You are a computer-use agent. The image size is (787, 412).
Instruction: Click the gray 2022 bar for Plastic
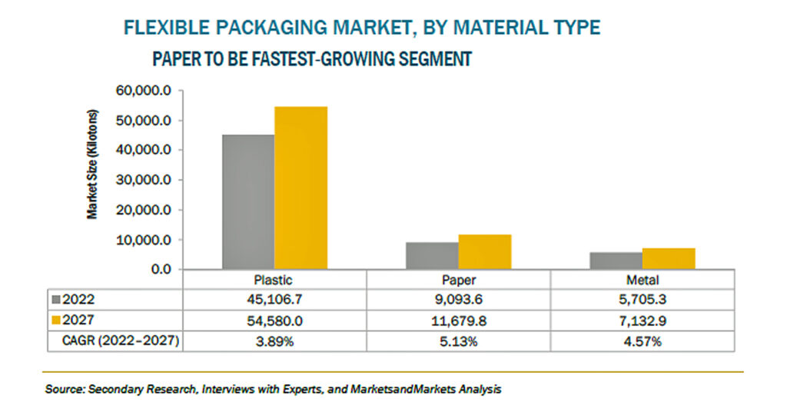pyautogui.click(x=248, y=201)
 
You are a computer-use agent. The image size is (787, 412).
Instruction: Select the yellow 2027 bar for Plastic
pyautogui.click(x=301, y=188)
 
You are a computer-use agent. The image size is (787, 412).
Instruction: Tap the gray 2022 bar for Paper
pyautogui.click(x=432, y=256)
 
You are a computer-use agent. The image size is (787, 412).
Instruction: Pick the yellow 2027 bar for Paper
pyautogui.click(x=485, y=252)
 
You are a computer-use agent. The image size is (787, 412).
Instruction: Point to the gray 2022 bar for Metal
pyautogui.click(x=616, y=261)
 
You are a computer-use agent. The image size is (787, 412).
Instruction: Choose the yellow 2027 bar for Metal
pyautogui.click(x=669, y=259)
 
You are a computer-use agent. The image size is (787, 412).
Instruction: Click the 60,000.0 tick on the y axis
pyautogui.click(x=144, y=91)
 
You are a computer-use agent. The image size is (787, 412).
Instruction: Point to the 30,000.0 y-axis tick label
pyautogui.click(x=144, y=180)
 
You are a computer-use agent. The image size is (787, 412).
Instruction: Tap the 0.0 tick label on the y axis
pyautogui.click(x=161, y=270)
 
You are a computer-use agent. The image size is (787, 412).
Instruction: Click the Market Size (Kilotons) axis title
pyautogui.click(x=92, y=164)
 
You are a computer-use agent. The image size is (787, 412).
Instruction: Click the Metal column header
pyautogui.click(x=643, y=280)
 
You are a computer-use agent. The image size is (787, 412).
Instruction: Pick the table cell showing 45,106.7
pyautogui.click(x=274, y=300)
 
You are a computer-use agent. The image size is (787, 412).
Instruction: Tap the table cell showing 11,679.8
pyautogui.click(x=459, y=321)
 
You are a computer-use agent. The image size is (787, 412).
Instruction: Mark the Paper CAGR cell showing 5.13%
pyautogui.click(x=459, y=342)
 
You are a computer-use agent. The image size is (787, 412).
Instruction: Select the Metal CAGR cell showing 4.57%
pyautogui.click(x=643, y=342)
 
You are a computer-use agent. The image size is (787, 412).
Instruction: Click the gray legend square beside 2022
pyautogui.click(x=56, y=300)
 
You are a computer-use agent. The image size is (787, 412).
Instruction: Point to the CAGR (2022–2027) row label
pyautogui.click(x=121, y=341)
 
